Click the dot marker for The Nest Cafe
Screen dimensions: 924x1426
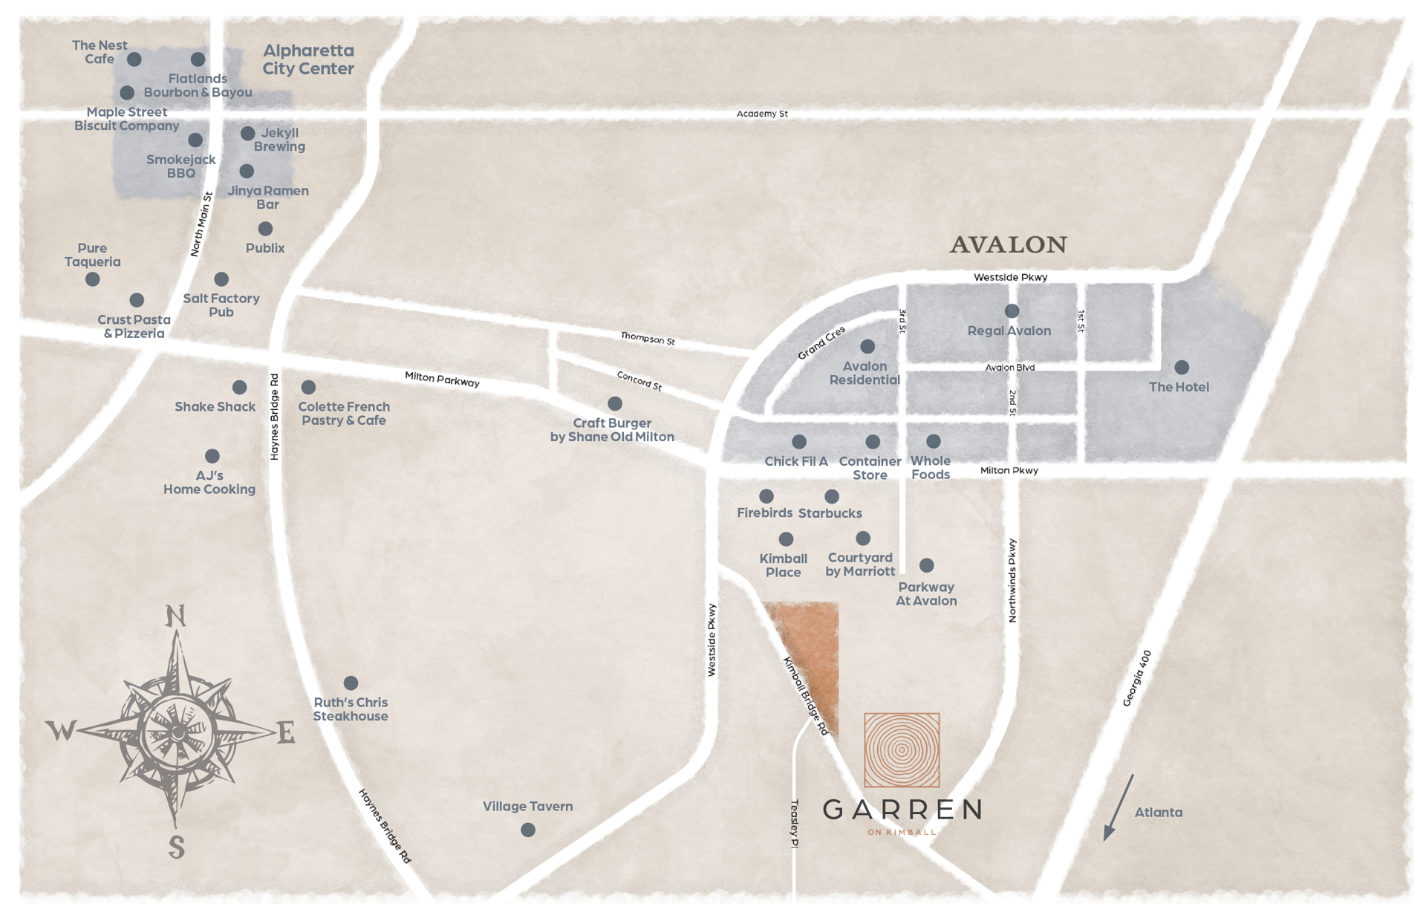point(134,59)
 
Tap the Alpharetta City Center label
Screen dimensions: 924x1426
point(308,59)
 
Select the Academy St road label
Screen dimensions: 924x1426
point(762,114)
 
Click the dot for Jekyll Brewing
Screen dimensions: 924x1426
point(247,134)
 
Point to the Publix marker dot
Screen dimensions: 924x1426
point(265,229)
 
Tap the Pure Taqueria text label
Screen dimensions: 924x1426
point(92,255)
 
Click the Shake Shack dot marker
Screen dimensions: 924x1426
point(239,387)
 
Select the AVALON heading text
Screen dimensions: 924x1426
point(1008,244)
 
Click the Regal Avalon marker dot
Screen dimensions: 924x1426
point(1012,310)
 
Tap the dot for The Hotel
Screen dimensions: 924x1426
point(1181,367)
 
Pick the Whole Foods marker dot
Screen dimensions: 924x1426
point(934,441)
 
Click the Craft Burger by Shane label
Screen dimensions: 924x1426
point(612,430)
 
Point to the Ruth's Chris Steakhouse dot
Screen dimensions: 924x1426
point(351,683)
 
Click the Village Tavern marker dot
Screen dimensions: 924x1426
point(527,830)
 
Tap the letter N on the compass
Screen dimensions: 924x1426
point(175,616)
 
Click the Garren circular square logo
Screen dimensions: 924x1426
point(902,749)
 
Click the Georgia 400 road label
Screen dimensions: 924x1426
point(1137,678)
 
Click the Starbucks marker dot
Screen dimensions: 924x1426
point(832,495)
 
